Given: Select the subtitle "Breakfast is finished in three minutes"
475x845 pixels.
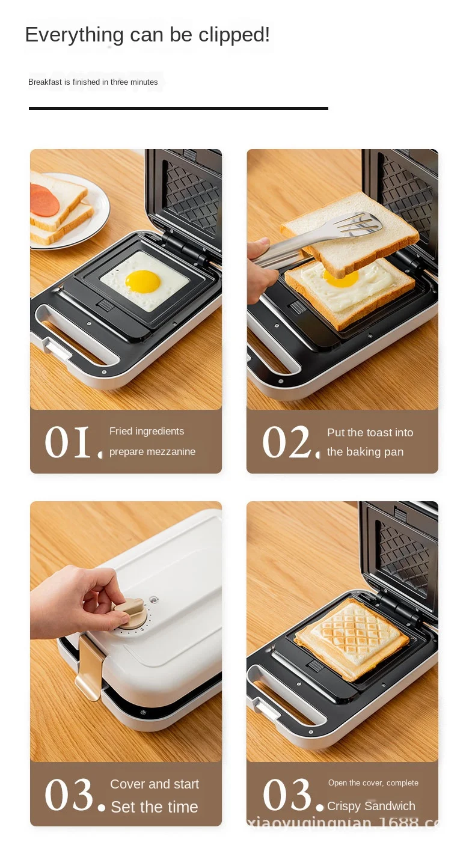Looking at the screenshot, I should (x=93, y=82).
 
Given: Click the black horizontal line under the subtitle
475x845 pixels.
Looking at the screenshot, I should (x=178, y=108).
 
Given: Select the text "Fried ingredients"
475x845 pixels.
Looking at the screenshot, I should (x=147, y=432).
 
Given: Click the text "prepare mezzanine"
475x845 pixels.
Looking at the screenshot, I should (x=152, y=452).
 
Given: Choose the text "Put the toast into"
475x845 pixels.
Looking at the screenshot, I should (x=370, y=433).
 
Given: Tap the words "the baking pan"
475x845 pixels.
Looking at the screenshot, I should (x=365, y=452).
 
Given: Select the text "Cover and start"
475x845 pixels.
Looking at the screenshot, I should (x=155, y=784).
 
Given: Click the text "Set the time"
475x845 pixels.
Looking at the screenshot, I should (x=155, y=807).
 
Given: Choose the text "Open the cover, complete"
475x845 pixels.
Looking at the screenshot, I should (x=373, y=783).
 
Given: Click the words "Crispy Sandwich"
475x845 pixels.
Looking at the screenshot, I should (x=371, y=807).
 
